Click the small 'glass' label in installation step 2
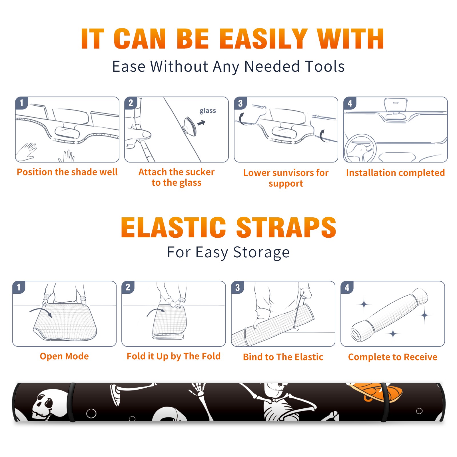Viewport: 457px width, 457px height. point(208,111)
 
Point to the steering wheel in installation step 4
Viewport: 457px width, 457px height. point(360,149)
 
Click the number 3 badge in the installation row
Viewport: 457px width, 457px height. point(240,103)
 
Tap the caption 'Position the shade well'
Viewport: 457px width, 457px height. point(67,172)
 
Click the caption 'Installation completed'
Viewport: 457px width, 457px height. point(395,173)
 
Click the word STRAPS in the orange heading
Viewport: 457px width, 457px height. point(286,227)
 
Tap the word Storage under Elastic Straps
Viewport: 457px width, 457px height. point(261,252)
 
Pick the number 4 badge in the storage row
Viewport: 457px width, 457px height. point(347,287)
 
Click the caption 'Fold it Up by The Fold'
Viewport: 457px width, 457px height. point(174,356)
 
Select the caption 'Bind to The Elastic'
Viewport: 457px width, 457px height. point(283,357)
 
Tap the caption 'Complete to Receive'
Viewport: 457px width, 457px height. point(393,357)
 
